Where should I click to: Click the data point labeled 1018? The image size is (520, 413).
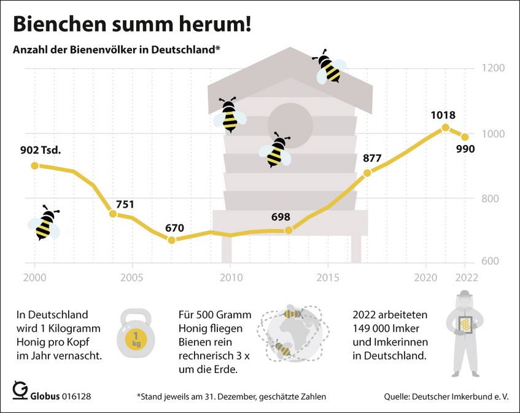(x=446, y=128)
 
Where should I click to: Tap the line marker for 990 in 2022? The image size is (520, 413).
(x=465, y=137)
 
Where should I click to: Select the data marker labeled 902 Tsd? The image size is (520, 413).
(x=34, y=165)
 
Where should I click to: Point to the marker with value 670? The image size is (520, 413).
(x=171, y=240)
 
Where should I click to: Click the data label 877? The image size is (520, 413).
(x=372, y=159)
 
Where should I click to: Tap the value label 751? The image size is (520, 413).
(x=125, y=205)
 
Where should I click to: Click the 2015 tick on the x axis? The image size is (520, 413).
(x=327, y=277)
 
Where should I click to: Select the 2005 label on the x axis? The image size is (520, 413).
(x=132, y=277)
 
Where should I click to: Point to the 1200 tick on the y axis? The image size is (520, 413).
(x=493, y=68)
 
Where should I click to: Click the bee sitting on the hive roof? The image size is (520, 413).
(x=330, y=66)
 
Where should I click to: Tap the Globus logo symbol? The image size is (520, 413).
(x=20, y=391)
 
